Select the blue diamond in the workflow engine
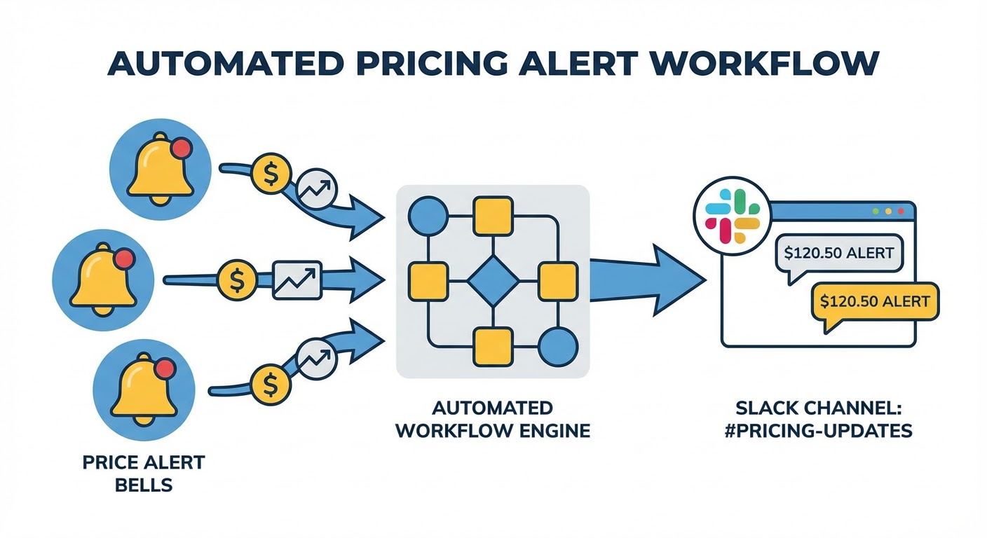coord(493,280)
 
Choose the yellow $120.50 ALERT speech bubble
coord(874,303)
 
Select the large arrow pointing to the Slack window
coord(645,280)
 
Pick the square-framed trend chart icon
coord(298,280)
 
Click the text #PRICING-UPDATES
coord(819,429)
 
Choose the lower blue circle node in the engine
coord(558,345)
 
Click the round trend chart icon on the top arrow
coord(317,187)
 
